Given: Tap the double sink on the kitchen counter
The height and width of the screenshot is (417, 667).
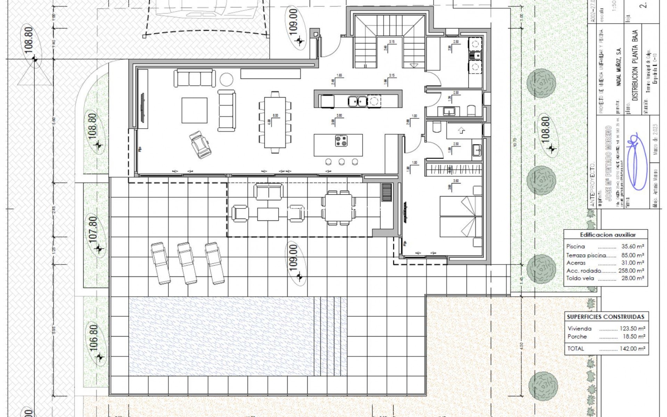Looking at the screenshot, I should point(357,101).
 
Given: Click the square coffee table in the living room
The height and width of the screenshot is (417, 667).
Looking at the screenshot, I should point(195,110).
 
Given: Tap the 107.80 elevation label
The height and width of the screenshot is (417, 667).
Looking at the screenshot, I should point(94,230).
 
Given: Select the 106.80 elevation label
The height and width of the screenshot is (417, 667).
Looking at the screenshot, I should point(94,338).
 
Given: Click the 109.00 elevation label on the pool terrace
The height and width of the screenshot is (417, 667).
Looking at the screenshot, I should point(294,257).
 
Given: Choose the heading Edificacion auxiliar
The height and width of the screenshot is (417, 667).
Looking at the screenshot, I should point(605,235).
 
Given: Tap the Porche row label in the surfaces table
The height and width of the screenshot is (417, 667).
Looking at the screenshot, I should point(577,336).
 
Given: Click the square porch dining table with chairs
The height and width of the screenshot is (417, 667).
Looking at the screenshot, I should point(338,207).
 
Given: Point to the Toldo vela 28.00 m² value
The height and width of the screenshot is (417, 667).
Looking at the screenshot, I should point(633,278).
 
